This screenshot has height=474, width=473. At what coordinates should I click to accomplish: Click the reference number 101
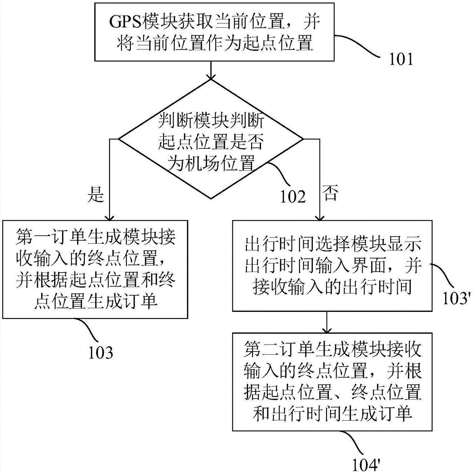coord(400,59)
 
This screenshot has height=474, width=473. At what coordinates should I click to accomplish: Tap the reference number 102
coord(293,197)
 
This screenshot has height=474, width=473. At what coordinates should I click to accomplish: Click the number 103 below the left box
coord(100,352)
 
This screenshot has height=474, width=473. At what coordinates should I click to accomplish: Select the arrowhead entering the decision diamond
coord(210,76)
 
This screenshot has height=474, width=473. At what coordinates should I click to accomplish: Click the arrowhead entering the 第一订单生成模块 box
coord(109,217)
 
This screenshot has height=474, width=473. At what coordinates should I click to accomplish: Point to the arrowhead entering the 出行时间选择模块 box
coord(319,217)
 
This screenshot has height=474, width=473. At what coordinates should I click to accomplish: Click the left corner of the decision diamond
coord(119,139)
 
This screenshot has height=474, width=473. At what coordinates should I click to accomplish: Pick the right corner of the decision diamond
coord(303,139)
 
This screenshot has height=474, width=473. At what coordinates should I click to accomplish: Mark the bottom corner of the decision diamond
coord(210,199)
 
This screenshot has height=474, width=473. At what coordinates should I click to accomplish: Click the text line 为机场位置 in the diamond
coord(210,164)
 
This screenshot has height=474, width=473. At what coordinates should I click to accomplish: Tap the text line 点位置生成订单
coord(96,301)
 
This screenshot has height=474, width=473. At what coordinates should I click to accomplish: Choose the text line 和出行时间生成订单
coord(332,413)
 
